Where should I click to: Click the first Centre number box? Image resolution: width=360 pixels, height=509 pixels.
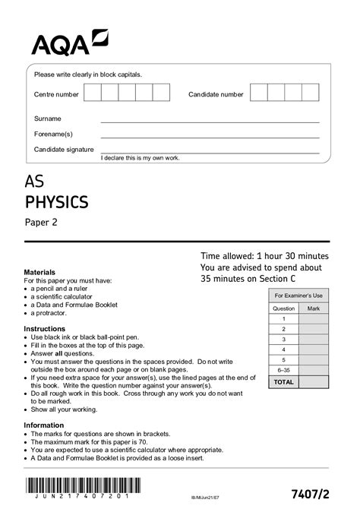tap(93, 93)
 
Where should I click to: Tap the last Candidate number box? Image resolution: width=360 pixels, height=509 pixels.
tap(310, 93)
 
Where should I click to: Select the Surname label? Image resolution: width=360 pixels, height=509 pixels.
tap(48, 119)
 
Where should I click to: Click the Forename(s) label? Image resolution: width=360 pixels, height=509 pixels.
tap(53, 134)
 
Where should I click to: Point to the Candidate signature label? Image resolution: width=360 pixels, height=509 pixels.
tap(64, 150)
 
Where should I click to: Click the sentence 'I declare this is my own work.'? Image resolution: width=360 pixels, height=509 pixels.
tap(140, 157)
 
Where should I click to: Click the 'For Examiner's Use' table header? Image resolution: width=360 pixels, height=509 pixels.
tap(298, 295)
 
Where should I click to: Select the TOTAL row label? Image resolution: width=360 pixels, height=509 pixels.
tap(283, 381)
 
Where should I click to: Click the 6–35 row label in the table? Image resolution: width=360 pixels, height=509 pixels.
tap(283, 370)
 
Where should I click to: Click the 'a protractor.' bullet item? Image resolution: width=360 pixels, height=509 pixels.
tap(52, 313)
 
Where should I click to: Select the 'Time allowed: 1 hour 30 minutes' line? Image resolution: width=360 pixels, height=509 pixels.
tap(264, 257)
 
